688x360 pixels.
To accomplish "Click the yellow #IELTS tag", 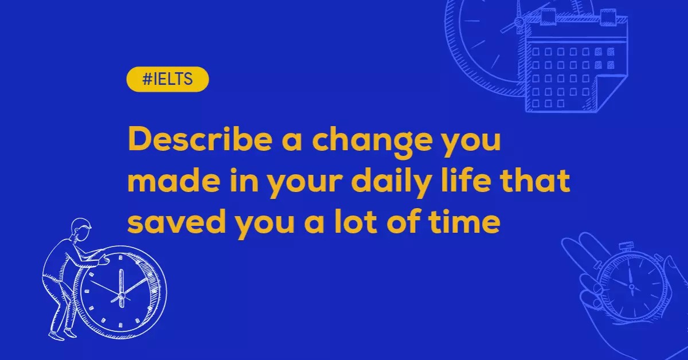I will click(x=167, y=80).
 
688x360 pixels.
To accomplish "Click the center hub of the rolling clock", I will click(x=121, y=295).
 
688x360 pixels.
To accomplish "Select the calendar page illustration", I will click(x=573, y=63).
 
